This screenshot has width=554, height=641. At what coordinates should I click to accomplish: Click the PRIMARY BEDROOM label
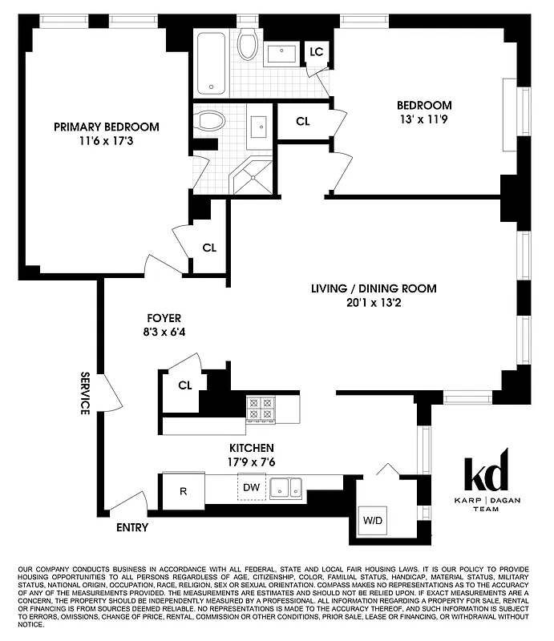[x=106, y=127]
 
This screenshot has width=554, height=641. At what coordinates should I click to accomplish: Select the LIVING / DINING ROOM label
[x=374, y=288]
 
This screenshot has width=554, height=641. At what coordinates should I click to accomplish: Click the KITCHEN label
[x=252, y=447]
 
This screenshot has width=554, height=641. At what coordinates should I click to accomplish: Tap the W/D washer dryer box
[x=373, y=519]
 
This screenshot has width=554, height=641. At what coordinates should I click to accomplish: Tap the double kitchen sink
[x=285, y=486]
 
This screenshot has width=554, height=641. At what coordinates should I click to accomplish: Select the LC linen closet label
[x=317, y=52]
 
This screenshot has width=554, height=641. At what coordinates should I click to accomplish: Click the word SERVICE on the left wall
[x=84, y=393]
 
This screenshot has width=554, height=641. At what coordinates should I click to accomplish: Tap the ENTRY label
[x=131, y=527]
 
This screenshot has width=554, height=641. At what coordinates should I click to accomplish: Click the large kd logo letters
[x=486, y=476]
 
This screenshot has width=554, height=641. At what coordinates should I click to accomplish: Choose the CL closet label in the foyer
[x=185, y=385]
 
